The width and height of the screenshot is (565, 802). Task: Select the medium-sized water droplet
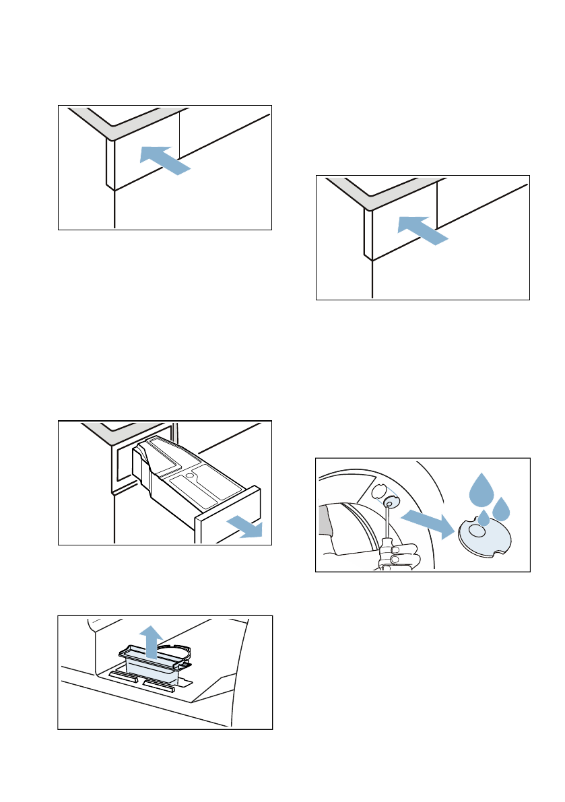(501, 509)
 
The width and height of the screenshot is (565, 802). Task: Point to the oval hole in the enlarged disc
(476, 532)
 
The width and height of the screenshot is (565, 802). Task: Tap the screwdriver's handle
(387, 548)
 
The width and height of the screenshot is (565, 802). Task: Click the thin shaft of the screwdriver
(387, 522)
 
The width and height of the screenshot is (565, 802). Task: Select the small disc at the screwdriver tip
(389, 502)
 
